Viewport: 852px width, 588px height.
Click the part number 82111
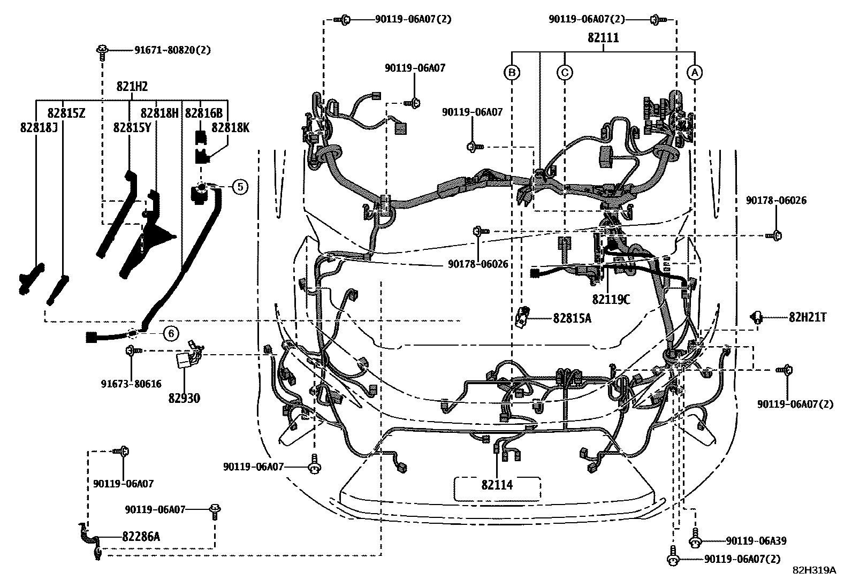tap(603, 38)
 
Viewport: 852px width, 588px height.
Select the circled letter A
tap(694, 72)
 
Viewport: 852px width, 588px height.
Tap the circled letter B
tap(512, 72)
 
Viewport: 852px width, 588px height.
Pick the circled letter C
tap(565, 72)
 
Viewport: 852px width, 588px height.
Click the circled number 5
tap(240, 186)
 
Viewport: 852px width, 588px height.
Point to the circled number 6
tap(170, 334)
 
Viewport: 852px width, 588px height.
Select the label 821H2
tap(132, 87)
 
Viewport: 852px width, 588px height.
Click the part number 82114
tap(497, 485)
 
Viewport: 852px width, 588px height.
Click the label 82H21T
tap(807, 317)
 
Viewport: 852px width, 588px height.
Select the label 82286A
tap(141, 536)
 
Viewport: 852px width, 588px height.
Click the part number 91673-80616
tap(131, 384)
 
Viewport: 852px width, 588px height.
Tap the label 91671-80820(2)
tap(172, 50)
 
